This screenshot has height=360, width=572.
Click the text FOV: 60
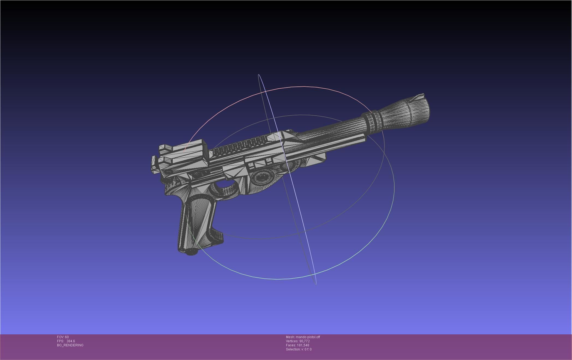click(x=63, y=337)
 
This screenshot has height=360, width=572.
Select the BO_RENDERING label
click(x=70, y=345)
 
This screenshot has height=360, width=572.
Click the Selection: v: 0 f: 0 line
click(x=299, y=349)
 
